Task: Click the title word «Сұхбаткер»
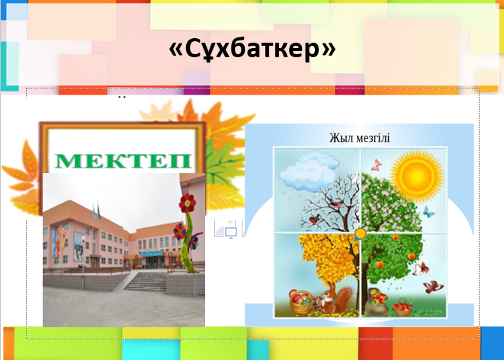click(252, 49)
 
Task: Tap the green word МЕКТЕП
click(124, 161)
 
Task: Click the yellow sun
click(417, 176)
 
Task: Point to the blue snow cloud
click(310, 172)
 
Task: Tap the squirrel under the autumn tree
click(336, 300)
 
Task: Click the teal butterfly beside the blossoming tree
click(429, 212)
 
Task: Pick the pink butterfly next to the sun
click(377, 165)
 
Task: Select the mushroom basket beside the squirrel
click(301, 301)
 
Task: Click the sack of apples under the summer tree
click(377, 302)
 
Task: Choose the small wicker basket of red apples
click(403, 307)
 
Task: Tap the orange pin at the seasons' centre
click(360, 234)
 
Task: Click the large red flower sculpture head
click(188, 203)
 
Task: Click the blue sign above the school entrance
click(152, 254)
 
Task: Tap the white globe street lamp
click(83, 239)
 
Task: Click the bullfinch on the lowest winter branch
click(315, 220)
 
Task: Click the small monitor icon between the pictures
click(231, 233)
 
